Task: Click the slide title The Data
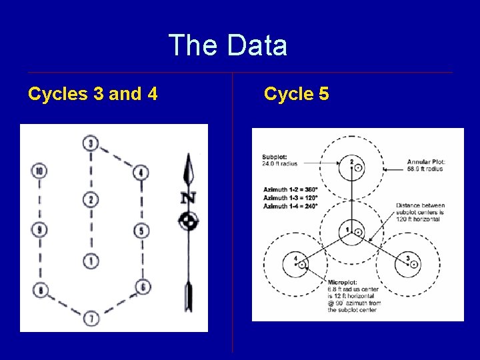point(228,46)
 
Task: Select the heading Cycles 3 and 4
point(93,94)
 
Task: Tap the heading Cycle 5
point(296,94)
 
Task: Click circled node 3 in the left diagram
point(91,143)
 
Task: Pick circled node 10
point(39,171)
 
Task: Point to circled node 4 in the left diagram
point(140,173)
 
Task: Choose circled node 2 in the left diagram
point(91,199)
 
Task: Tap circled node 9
point(39,231)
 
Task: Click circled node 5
point(140,231)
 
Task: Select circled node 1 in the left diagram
point(91,261)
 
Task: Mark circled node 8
point(40,290)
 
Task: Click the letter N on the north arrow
point(189,198)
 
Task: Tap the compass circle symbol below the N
point(189,221)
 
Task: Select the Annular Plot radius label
point(425,165)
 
